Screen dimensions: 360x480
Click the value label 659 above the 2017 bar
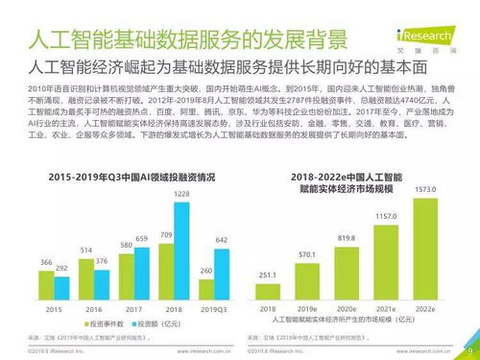(141, 237)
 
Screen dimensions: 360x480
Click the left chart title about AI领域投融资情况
(132, 178)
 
